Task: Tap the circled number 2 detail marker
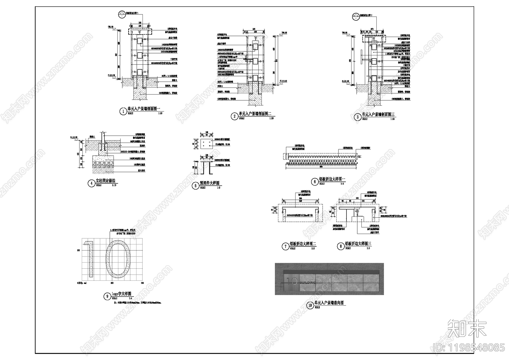pos(235,116)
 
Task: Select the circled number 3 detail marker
pos(358,117)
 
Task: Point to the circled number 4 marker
pos(91,183)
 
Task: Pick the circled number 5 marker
pos(195,186)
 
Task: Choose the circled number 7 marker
pos(285,246)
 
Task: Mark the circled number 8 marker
pos(341,246)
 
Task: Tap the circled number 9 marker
pos(107,296)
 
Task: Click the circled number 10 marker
pos(310,305)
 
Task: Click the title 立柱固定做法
pos(106,181)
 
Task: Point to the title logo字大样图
pos(121,294)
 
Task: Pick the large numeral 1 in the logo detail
pos(89,259)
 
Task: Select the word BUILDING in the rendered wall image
pos(308,283)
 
